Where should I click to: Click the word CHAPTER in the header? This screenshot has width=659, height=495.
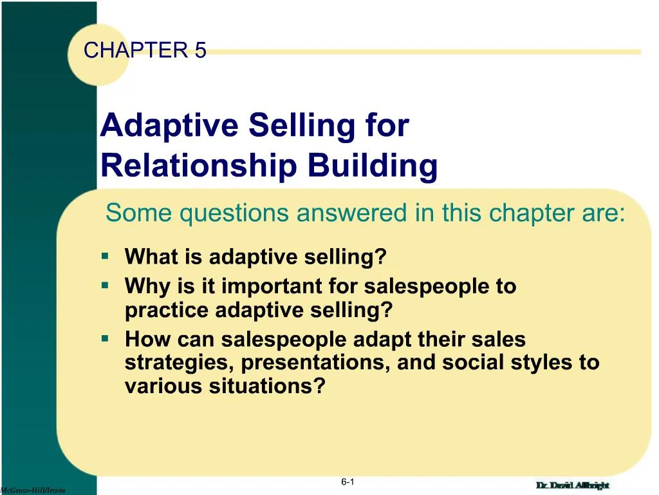click(134, 50)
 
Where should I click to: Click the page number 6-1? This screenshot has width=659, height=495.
click(348, 482)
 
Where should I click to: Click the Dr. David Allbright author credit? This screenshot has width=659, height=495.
click(572, 485)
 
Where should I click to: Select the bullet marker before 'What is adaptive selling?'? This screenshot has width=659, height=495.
click(105, 256)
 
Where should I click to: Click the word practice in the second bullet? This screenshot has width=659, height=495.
click(167, 311)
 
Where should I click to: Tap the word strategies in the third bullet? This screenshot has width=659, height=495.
click(180, 363)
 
